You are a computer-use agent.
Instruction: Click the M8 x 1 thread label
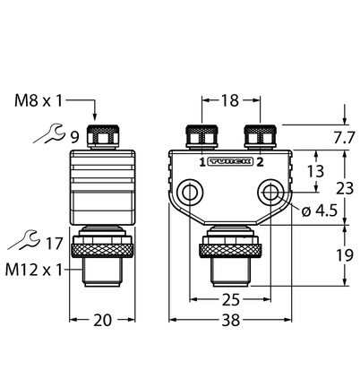click(x=39, y=100)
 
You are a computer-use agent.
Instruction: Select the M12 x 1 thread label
click(x=34, y=270)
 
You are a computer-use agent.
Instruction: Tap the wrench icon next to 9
click(x=48, y=133)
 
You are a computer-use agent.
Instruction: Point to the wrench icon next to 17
click(x=23, y=239)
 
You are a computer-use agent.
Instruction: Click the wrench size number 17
click(x=54, y=244)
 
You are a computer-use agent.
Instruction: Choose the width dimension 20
click(x=102, y=320)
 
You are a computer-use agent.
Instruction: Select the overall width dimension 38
click(x=231, y=320)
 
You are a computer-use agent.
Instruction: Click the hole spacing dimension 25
click(x=230, y=299)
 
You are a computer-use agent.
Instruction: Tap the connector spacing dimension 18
click(x=230, y=100)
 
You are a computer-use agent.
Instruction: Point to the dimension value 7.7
click(x=344, y=138)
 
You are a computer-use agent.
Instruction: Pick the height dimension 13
click(x=315, y=171)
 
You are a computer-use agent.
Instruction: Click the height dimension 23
click(x=345, y=188)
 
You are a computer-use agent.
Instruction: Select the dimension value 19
click(x=345, y=255)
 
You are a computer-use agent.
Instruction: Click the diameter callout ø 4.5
click(x=320, y=211)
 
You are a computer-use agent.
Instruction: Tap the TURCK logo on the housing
click(x=231, y=161)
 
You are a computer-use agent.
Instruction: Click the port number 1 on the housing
click(x=202, y=162)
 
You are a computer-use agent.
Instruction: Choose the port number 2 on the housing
click(x=260, y=162)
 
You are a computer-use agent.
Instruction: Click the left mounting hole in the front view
click(x=190, y=192)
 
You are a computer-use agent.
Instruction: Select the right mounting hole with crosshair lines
click(x=270, y=192)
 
